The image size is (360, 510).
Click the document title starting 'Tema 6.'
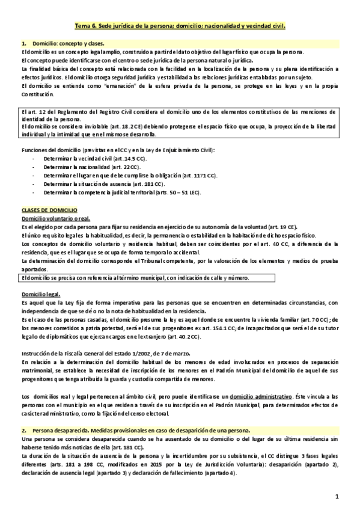(179, 27)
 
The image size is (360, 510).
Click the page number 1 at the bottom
(338, 496)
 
